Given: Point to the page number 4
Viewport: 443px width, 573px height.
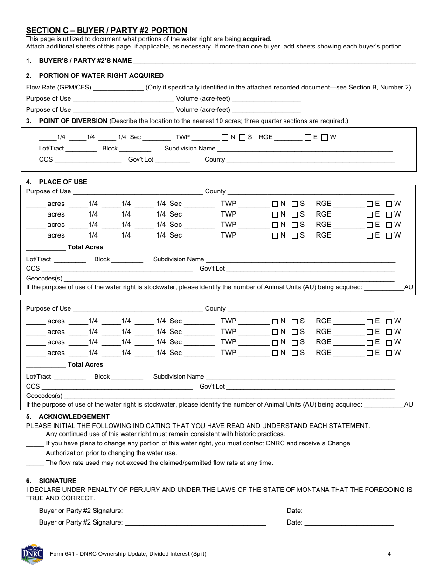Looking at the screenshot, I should [389, 554].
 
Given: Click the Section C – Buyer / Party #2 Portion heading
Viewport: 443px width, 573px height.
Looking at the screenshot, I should [106, 30].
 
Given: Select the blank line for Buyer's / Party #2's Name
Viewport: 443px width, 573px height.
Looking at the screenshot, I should [275, 61].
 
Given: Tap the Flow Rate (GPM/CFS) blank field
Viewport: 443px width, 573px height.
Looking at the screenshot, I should [118, 88].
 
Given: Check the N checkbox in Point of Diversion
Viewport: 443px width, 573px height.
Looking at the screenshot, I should [225, 137].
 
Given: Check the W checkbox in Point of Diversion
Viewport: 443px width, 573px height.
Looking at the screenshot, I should [325, 137].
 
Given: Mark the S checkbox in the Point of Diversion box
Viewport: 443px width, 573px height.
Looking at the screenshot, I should [242, 137].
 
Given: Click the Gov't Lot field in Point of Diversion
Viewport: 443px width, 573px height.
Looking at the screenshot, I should [172, 160].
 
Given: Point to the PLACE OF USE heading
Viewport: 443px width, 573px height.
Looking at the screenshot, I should [63, 182].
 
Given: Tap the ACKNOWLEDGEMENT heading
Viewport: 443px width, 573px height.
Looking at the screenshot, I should [74, 416].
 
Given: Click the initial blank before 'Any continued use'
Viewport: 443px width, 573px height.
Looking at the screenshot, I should [35, 434].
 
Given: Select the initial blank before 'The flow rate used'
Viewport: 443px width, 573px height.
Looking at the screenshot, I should [35, 463].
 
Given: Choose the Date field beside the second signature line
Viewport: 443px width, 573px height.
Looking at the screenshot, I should [349, 523].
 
